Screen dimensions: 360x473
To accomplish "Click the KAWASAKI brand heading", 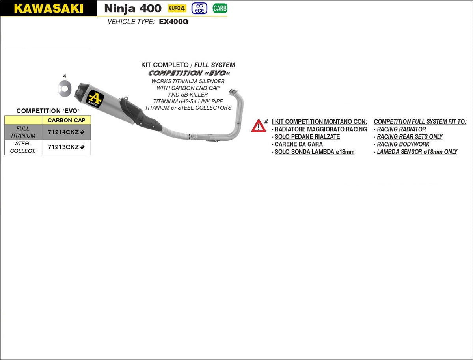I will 48,8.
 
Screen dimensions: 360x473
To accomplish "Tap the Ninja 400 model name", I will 132,8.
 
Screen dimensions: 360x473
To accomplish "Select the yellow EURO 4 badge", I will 177,8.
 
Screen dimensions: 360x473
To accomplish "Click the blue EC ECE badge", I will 199,8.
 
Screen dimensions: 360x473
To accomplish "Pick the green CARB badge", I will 220,8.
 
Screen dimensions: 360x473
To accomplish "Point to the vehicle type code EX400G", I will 173,22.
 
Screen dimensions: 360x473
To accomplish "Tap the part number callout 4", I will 65,76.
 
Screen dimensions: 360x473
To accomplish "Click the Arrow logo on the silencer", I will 95,98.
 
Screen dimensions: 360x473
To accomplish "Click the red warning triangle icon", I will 259,126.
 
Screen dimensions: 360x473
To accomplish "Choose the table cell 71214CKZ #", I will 66,132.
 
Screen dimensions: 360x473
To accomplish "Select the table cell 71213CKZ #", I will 66,147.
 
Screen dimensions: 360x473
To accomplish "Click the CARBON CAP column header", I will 66,120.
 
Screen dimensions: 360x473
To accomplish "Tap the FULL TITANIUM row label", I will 23,132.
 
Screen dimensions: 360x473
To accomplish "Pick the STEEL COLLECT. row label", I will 23,147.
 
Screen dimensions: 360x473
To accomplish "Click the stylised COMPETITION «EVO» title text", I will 189,73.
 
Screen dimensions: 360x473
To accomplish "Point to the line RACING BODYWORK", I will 403,144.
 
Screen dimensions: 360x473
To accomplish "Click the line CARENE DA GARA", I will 298,144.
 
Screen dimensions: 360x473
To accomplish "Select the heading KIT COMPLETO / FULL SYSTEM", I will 188,65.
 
